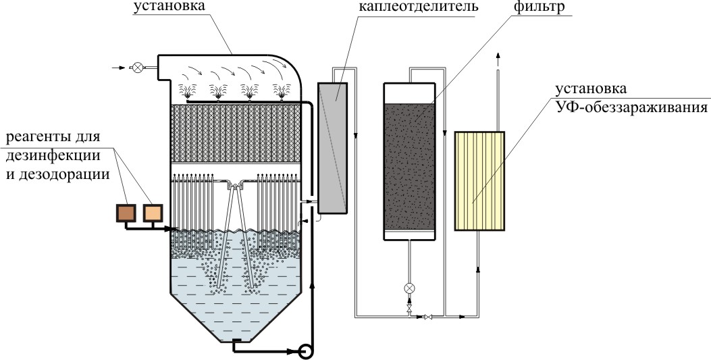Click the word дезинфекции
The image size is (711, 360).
[53, 155]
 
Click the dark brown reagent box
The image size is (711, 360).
[126, 213]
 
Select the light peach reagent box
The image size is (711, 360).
[153, 213]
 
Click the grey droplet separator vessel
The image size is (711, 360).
[332, 148]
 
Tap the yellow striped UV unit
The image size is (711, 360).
[479, 181]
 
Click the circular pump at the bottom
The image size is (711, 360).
[306, 351]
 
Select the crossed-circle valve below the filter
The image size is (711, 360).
[409, 288]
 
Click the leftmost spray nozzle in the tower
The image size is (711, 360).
[186, 91]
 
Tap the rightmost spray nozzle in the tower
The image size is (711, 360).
[281, 91]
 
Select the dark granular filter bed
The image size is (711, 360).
[409, 166]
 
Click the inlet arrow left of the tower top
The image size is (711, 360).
[117, 68]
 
